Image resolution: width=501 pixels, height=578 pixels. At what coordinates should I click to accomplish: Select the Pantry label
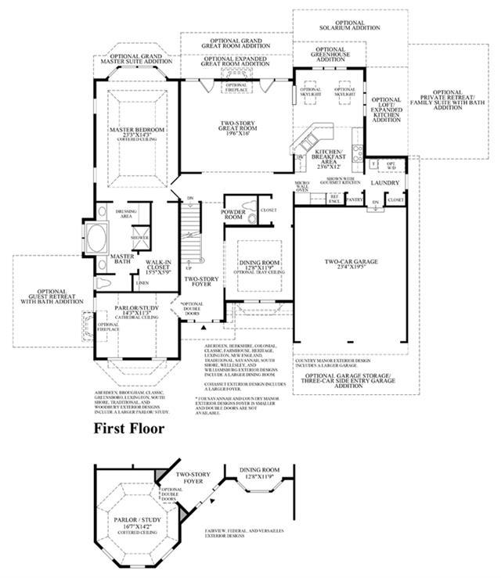354,200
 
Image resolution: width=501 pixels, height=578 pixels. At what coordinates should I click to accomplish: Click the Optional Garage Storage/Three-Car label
349,379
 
